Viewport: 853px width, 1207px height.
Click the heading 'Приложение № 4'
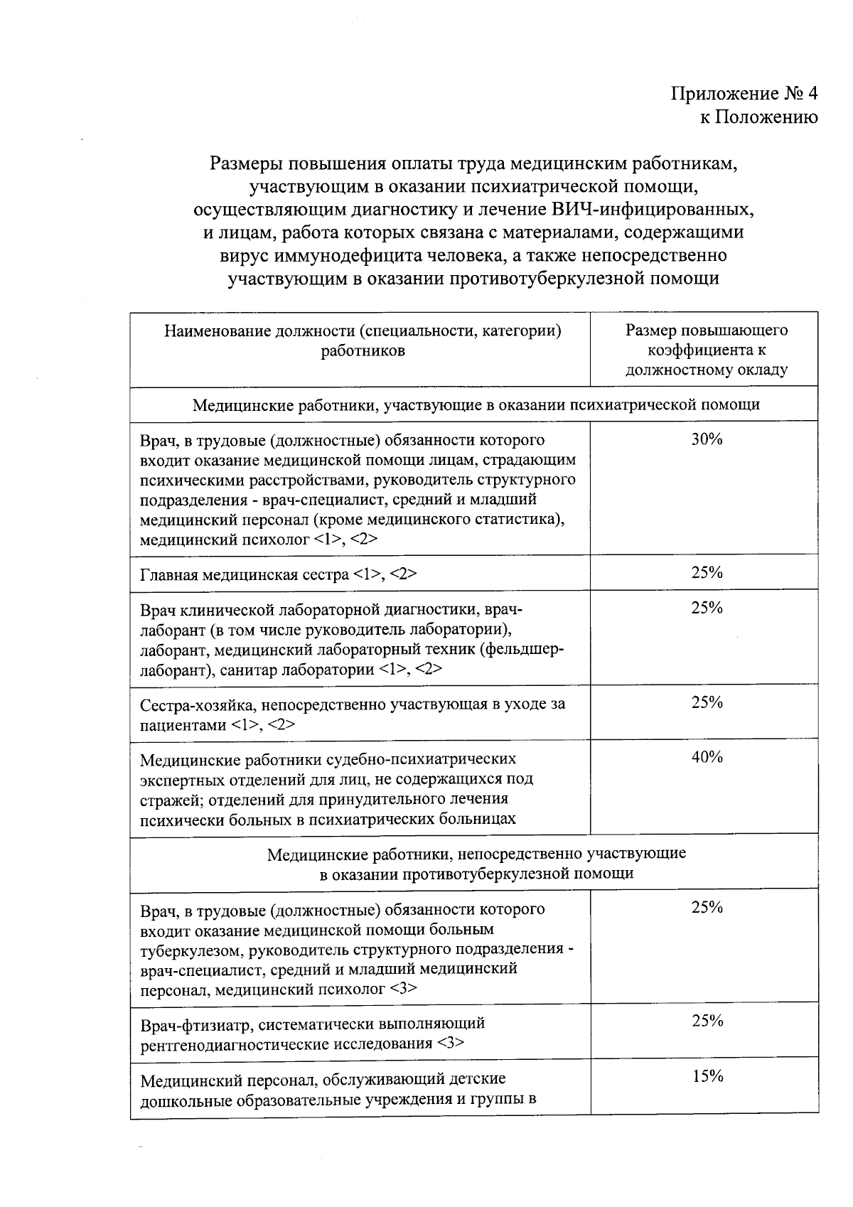pyautogui.click(x=744, y=94)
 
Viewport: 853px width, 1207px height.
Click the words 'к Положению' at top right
pyautogui.click(x=758, y=117)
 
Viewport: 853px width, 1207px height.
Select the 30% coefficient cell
pyautogui.click(x=707, y=439)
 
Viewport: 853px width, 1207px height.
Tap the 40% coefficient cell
pyautogui.click(x=707, y=757)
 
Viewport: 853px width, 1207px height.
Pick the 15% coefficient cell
pyautogui.click(x=707, y=1076)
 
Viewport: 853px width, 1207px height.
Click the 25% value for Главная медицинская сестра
pyautogui.click(x=707, y=573)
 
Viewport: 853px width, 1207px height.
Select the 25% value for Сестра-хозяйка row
pyautogui.click(x=707, y=702)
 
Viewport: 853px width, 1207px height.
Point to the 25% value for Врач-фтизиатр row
pyautogui.click(x=707, y=1021)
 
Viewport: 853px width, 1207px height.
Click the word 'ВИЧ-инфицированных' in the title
pyautogui.click(x=652, y=210)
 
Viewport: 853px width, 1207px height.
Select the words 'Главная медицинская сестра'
pyautogui.click(x=245, y=574)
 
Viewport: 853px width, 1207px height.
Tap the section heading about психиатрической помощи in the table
pyautogui.click(x=476, y=405)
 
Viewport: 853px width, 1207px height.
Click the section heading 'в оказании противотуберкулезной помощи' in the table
pyautogui.click(x=476, y=874)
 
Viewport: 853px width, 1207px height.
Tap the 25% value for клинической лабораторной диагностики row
pyautogui.click(x=707, y=608)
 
